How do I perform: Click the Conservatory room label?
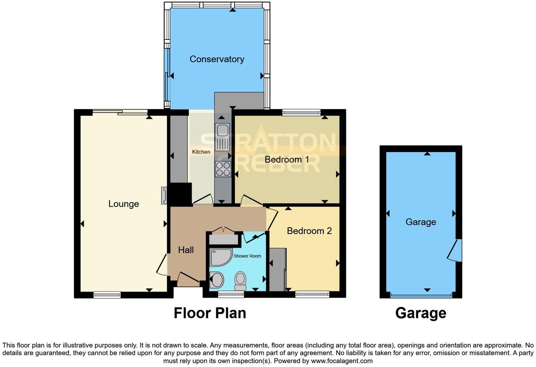pyautogui.click(x=217, y=59)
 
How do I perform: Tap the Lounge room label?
pyautogui.click(x=123, y=204)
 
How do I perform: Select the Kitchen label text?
pyautogui.click(x=201, y=152)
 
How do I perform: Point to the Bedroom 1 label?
pyautogui.click(x=287, y=160)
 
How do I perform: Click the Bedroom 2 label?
pyautogui.click(x=309, y=231)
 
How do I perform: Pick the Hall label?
pyautogui.click(x=186, y=250)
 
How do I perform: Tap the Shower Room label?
pyautogui.click(x=247, y=256)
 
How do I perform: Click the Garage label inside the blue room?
pyautogui.click(x=421, y=222)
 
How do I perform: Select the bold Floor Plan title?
pyautogui.click(x=210, y=313)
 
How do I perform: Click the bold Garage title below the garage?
pyautogui.click(x=421, y=313)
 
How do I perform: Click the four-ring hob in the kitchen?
pyautogui.click(x=223, y=169)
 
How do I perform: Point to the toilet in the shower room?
pyautogui.click(x=240, y=280)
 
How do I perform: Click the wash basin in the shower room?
pyautogui.click(x=217, y=281)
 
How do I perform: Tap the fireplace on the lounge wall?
pyautogui.click(x=164, y=195)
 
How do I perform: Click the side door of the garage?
pyautogui.click(x=455, y=250)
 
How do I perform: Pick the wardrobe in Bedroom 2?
pyautogui.click(x=278, y=270)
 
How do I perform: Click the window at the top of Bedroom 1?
pyautogui.click(x=301, y=113)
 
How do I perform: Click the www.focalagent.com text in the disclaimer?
pyautogui.click(x=342, y=361)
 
